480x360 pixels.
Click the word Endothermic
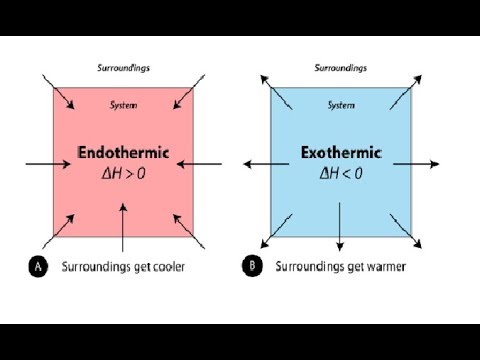123,153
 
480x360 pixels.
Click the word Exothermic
341,153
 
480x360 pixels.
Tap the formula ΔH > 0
124,174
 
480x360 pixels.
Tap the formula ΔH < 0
341,174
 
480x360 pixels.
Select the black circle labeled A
38,266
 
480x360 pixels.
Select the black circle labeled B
252,266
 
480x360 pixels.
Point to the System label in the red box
124,105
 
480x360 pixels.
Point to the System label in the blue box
341,105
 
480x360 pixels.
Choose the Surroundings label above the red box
124,68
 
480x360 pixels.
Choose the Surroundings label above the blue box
341,68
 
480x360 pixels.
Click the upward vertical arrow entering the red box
123,227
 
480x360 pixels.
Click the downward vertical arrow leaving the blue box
340,227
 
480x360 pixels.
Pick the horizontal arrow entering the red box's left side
48,164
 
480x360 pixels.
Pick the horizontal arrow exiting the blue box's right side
416,164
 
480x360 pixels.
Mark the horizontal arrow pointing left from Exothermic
266,164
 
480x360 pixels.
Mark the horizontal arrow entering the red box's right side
199,164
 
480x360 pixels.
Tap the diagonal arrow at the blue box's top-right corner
406,92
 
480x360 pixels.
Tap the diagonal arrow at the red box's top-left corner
58,92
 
